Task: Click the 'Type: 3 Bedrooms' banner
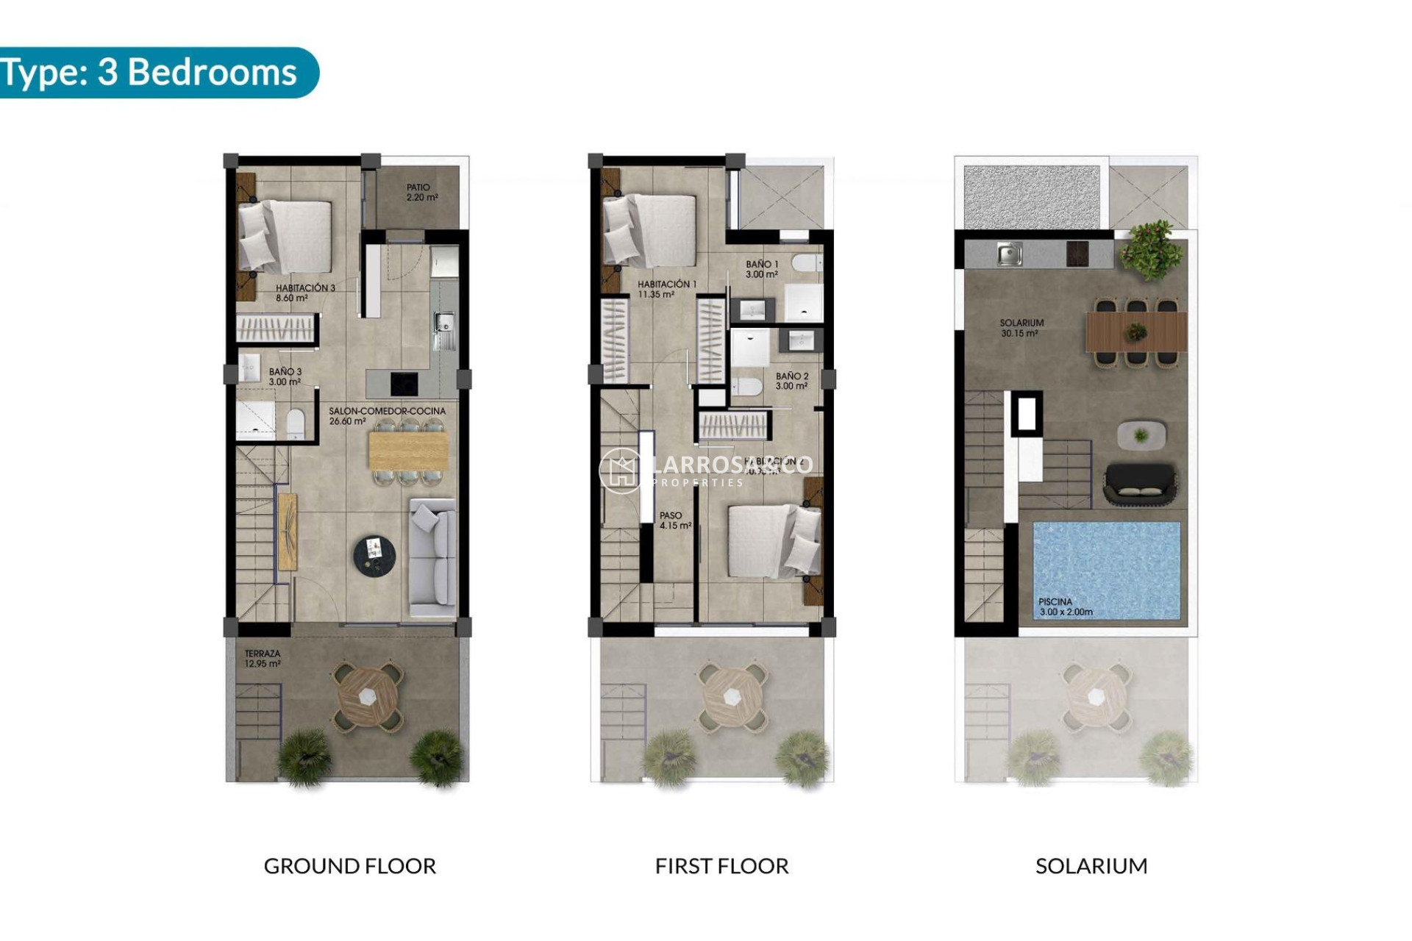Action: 151,73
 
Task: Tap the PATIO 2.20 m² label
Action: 422,193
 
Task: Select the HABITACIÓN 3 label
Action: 305,293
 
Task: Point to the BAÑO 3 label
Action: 285,376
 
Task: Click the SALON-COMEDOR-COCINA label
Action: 387,416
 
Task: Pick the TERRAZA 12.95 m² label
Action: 263,658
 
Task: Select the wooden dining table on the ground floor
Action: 407,450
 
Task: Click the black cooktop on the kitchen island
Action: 404,383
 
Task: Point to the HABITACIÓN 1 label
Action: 666,289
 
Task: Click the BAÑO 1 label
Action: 761,269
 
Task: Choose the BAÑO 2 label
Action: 791,381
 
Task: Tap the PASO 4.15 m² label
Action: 674,520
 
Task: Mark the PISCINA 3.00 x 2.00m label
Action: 1065,607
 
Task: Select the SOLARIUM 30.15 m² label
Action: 1021,328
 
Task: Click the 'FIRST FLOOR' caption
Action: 721,866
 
